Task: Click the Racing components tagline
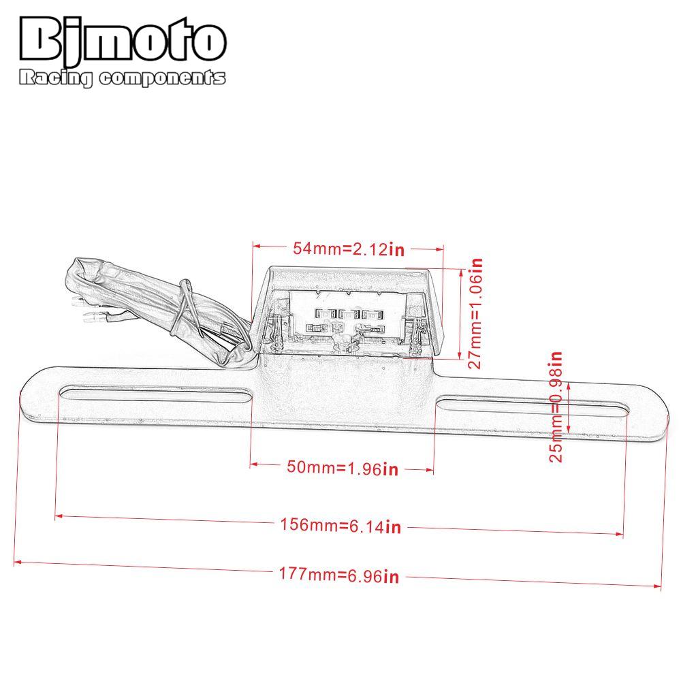point(122,79)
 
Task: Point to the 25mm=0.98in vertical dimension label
point(556,407)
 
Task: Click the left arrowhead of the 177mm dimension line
point(17,563)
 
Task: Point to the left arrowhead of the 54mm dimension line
point(256,246)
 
